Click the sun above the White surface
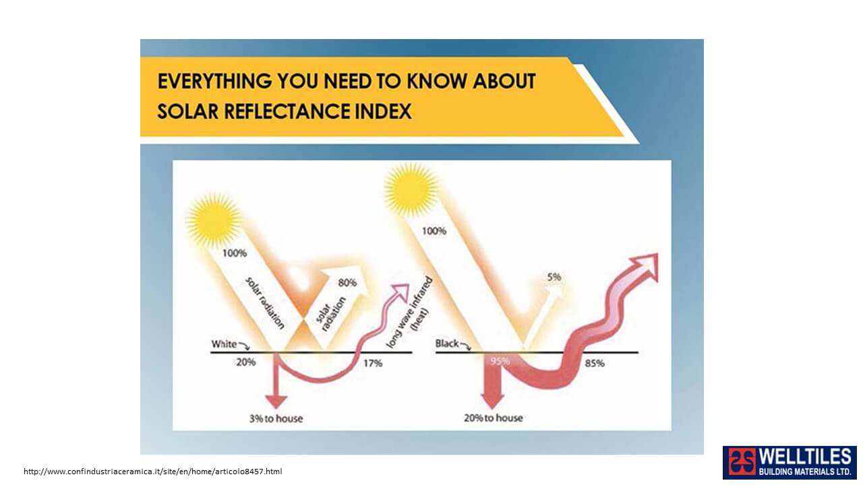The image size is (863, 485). tap(214, 220)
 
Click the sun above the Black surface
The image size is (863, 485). tap(411, 189)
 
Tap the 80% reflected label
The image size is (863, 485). tap(347, 283)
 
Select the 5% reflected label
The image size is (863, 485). tap(554, 277)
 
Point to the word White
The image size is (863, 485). tap(225, 344)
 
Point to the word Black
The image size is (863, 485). tap(447, 344)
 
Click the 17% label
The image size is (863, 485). tap(373, 363)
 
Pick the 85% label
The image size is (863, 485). tap(595, 363)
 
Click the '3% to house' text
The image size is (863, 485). tap(276, 418)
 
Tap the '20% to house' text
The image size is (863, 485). tap(493, 418)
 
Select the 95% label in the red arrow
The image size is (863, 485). tap(500, 361)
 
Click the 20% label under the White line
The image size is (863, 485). tap(246, 362)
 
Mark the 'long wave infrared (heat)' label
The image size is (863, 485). tap(409, 313)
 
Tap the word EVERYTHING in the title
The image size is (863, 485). tap(214, 82)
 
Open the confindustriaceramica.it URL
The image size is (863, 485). tap(153, 472)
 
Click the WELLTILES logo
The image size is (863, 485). tap(790, 462)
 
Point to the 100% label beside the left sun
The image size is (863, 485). tap(235, 253)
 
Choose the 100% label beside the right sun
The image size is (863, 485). tap(434, 231)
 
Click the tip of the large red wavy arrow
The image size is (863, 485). tap(657, 254)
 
